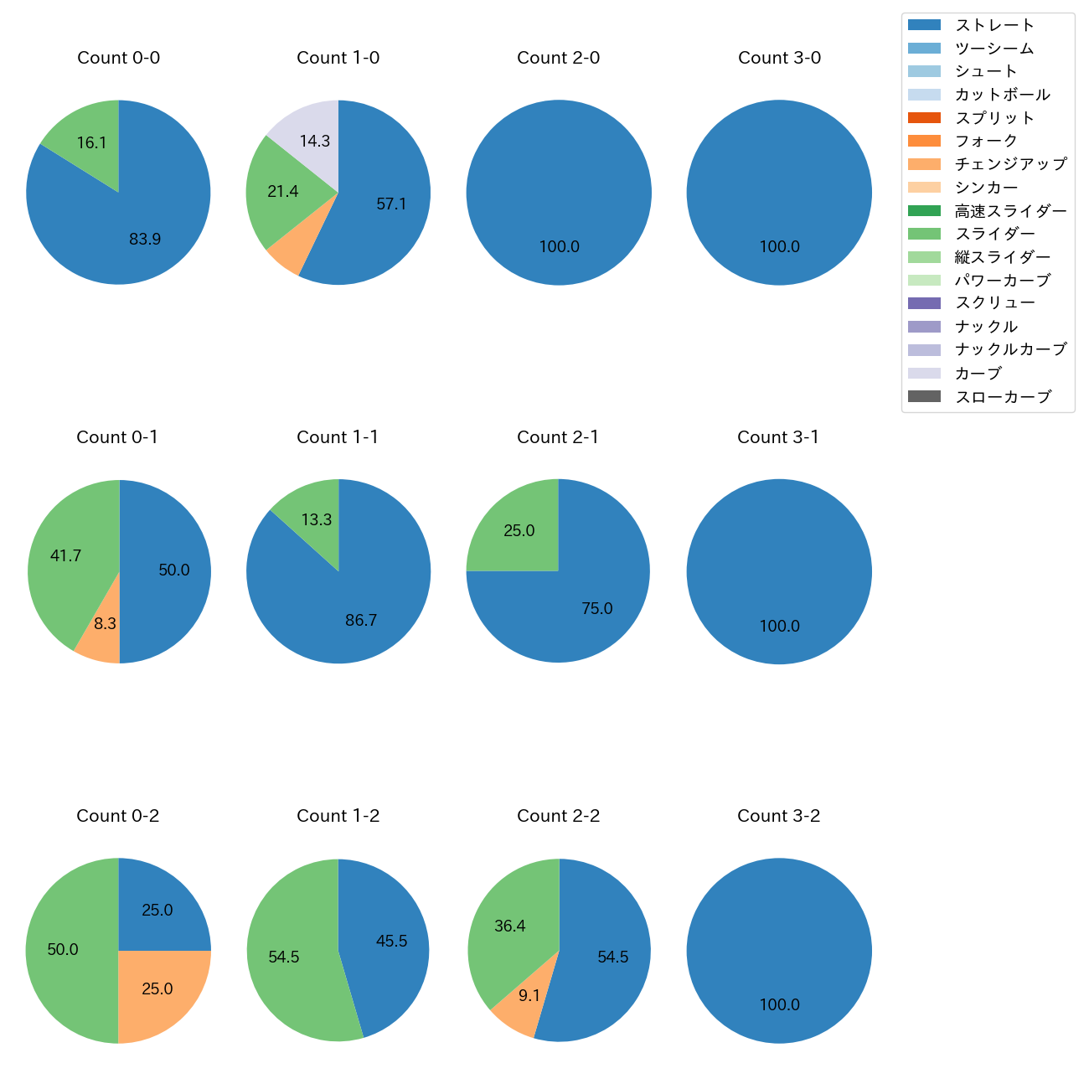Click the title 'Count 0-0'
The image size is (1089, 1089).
(x=118, y=58)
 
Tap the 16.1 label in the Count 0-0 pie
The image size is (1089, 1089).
(x=91, y=143)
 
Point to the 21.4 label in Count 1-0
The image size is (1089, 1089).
(x=283, y=192)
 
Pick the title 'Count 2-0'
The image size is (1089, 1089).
(x=559, y=58)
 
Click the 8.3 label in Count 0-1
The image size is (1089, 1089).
(x=106, y=624)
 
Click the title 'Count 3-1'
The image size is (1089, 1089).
(x=778, y=437)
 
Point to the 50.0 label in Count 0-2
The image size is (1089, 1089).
(x=63, y=950)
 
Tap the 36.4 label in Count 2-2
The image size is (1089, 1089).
(x=510, y=926)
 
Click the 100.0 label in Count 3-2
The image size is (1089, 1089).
(x=780, y=1005)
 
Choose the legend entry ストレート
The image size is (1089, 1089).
(x=994, y=25)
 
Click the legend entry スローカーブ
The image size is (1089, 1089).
(x=1003, y=397)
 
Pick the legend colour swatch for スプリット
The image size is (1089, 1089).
(x=924, y=118)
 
